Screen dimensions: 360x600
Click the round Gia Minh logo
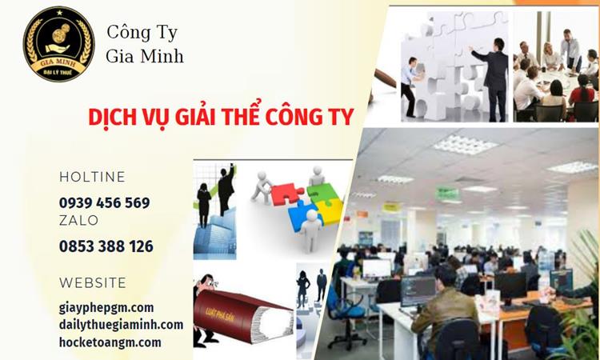pyautogui.click(x=58, y=44)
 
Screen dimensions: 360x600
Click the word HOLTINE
pyautogui.click(x=92, y=177)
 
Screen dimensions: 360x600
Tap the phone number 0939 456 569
pyautogui.click(x=104, y=202)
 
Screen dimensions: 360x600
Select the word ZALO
pyautogui.click(x=78, y=221)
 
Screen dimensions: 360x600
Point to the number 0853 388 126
pyautogui.click(x=106, y=246)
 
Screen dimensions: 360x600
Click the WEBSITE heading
pyautogui.click(x=93, y=282)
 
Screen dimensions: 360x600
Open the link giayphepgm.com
pyautogui.click(x=106, y=307)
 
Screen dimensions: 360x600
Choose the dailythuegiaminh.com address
pyautogui.click(x=121, y=325)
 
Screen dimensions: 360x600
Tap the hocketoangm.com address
pyautogui.click(x=110, y=342)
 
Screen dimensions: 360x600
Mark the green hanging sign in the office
pyautogui.click(x=447, y=193)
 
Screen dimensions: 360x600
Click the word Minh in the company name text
pyautogui.click(x=167, y=55)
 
